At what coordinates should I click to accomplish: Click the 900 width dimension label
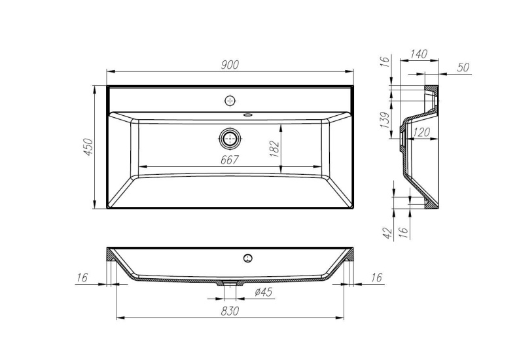[230, 64]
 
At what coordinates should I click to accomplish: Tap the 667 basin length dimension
[229, 159]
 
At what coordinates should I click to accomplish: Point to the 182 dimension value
[274, 149]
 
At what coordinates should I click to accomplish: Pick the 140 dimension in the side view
[418, 54]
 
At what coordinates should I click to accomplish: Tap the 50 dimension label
[464, 67]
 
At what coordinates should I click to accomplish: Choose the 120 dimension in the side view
[421, 132]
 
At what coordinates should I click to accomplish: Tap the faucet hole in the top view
[230, 100]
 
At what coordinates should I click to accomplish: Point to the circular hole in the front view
[248, 257]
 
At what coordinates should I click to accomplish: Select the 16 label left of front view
[82, 278]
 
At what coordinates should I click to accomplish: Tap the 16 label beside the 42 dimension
[404, 232]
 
